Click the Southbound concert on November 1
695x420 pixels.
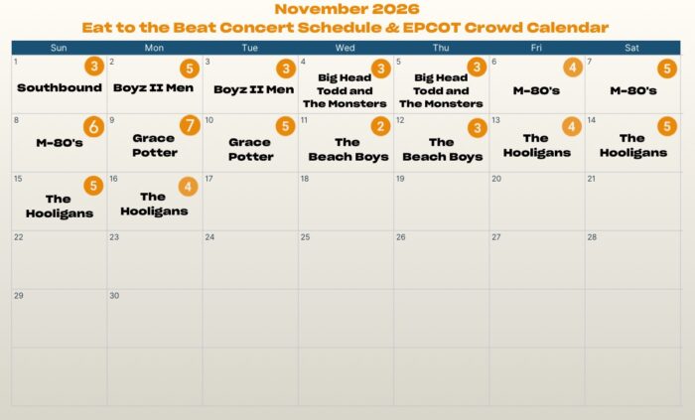point(60,87)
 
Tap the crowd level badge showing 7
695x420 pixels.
point(190,126)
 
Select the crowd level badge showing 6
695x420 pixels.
point(93,127)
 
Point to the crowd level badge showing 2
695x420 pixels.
point(380,127)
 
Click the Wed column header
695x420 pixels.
point(345,48)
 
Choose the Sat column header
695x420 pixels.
point(631,48)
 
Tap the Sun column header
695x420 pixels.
point(59,48)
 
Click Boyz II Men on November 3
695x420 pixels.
point(253,89)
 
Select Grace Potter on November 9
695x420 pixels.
point(155,145)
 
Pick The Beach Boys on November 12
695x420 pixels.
point(443,149)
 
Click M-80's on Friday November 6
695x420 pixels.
point(536,90)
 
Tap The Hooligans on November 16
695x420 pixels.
point(154,204)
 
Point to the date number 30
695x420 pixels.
point(114,296)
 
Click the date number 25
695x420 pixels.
point(305,237)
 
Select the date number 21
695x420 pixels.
point(592,179)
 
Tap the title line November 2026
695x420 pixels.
point(347,9)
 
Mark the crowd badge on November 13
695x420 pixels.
point(572,127)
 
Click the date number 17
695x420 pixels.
point(208,179)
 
